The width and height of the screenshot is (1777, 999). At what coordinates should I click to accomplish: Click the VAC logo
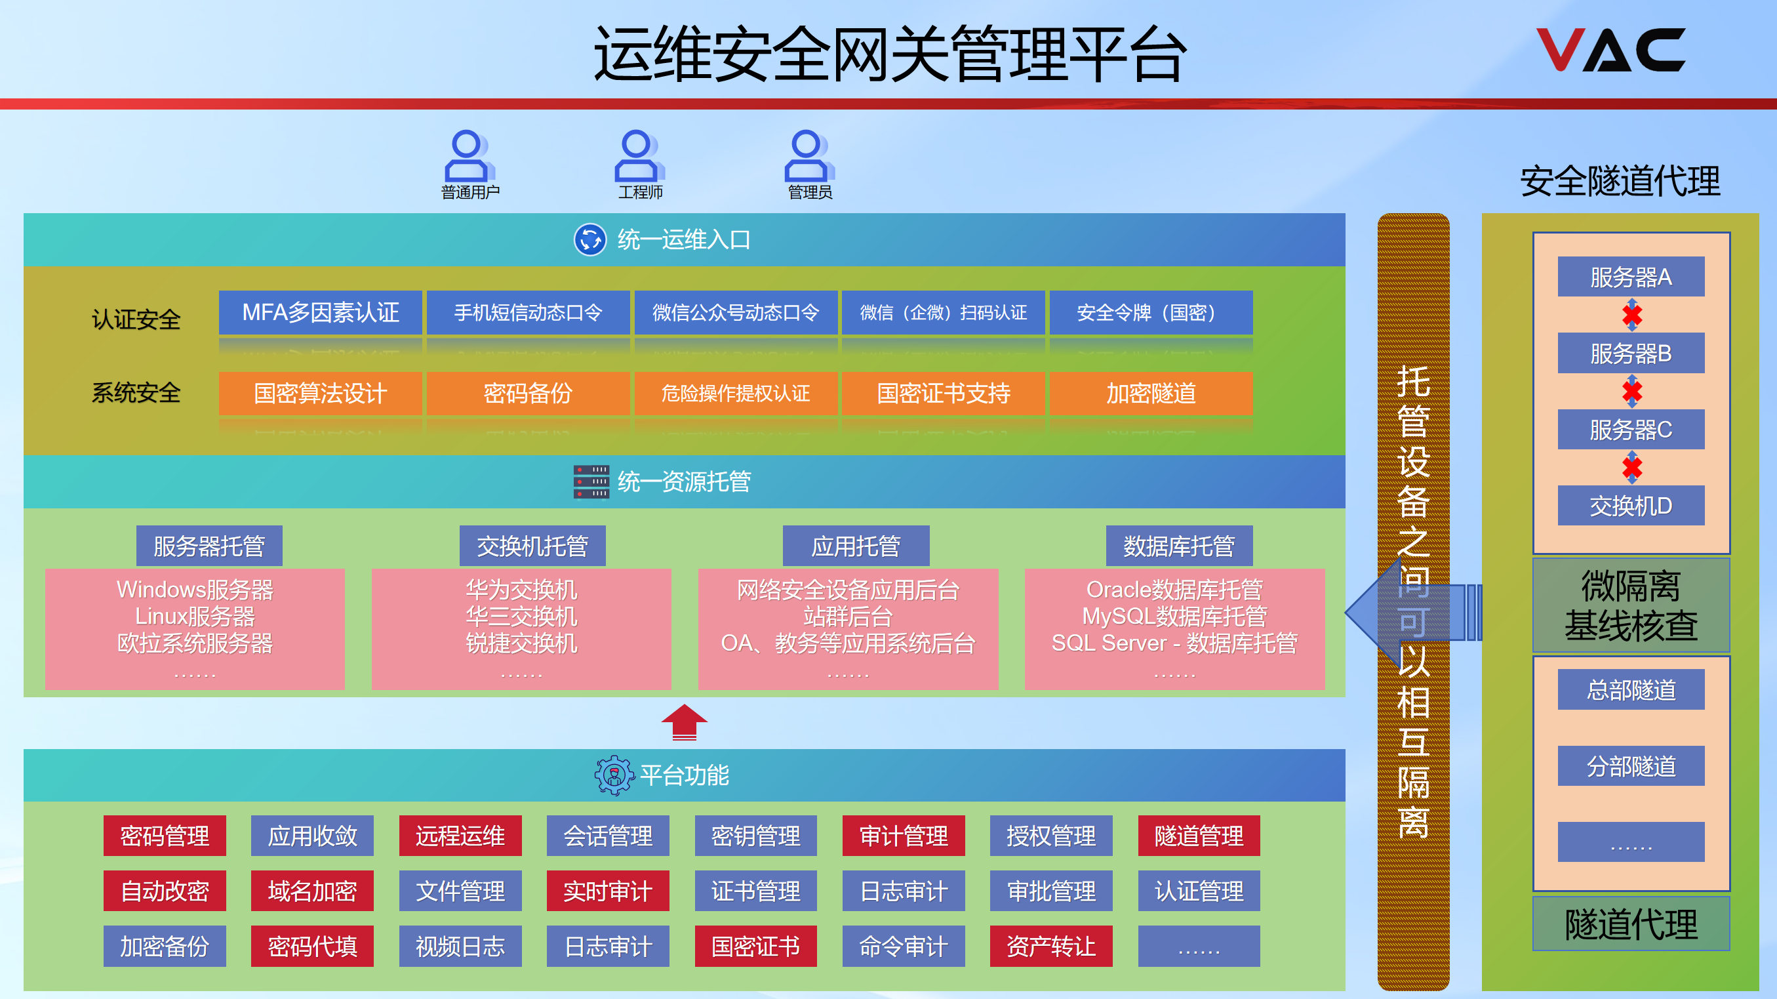(1610, 50)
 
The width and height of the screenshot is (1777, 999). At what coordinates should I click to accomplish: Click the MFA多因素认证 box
(320, 312)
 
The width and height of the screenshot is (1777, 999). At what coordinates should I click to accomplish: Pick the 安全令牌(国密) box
(1150, 312)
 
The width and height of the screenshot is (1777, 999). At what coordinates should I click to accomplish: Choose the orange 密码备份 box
(528, 394)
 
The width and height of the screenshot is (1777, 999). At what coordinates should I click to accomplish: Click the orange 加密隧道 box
(1150, 394)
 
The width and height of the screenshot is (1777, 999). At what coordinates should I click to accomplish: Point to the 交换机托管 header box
(532, 546)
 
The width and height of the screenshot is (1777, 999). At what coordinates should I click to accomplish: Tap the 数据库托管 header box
(1178, 546)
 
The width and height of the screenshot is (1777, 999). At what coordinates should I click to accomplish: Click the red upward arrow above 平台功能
(684, 722)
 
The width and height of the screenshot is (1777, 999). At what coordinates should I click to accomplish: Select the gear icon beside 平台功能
(613, 775)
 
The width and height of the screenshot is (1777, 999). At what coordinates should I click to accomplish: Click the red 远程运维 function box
(460, 836)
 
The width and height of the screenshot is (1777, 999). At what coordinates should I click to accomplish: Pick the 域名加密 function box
(312, 891)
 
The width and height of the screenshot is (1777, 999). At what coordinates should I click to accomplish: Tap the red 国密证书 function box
(755, 946)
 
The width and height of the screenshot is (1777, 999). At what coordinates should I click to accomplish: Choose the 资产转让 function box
(1050, 946)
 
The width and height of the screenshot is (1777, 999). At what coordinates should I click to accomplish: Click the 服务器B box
(1630, 354)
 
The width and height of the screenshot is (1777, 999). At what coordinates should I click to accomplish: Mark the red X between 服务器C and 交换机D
(1631, 468)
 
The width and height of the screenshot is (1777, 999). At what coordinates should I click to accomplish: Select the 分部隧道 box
(1630, 765)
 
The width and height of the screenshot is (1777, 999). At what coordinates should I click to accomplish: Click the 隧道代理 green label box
(1630, 924)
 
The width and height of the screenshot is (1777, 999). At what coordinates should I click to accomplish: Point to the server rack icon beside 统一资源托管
(591, 481)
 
